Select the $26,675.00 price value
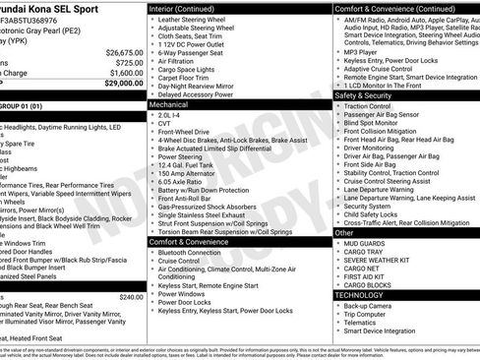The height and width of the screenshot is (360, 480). (x=124, y=52)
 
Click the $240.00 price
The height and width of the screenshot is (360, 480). (x=130, y=297)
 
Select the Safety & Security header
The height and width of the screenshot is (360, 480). (x=363, y=95)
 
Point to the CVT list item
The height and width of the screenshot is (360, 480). (x=165, y=123)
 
